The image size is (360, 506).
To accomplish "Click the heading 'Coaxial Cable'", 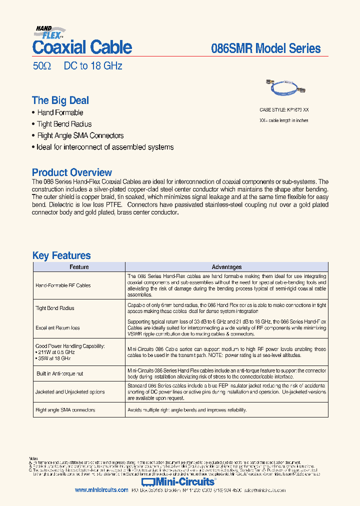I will pyautogui.click(x=82, y=47).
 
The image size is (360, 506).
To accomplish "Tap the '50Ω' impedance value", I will pyautogui.click(x=41, y=66).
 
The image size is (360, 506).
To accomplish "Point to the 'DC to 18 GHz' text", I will pyautogui.click(x=92, y=66).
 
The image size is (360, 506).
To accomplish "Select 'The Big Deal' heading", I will pyautogui.click(x=60, y=100).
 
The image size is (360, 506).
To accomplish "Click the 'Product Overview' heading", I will pyautogui.click(x=72, y=172).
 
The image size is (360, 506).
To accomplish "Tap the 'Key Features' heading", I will pyautogui.click(x=61, y=255).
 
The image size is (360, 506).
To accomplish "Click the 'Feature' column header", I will pyautogui.click(x=79, y=267).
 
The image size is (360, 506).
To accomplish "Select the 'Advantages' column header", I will pyautogui.click(x=226, y=267).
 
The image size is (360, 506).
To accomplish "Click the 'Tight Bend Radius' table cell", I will pyautogui.click(x=55, y=308).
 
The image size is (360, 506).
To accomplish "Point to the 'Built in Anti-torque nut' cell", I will pyautogui.click(x=59, y=373).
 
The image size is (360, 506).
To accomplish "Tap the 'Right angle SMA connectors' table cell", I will pyautogui.click(x=65, y=410).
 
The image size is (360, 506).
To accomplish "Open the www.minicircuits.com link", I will pyautogui.click(x=101, y=490).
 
